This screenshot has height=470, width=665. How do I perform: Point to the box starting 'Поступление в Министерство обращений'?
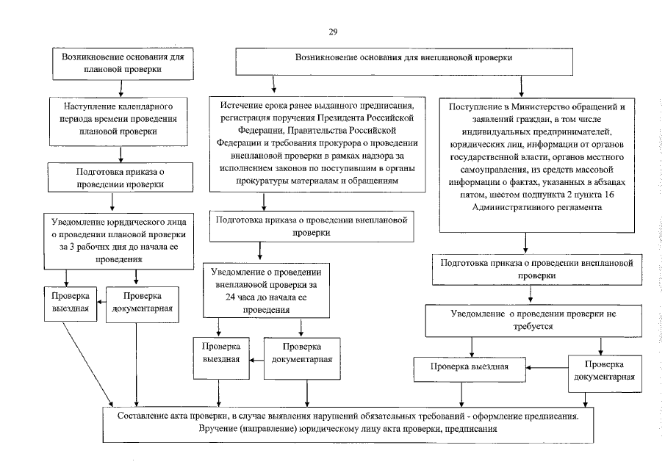coord(525,158)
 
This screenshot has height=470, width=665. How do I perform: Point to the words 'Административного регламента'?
coord(525,209)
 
